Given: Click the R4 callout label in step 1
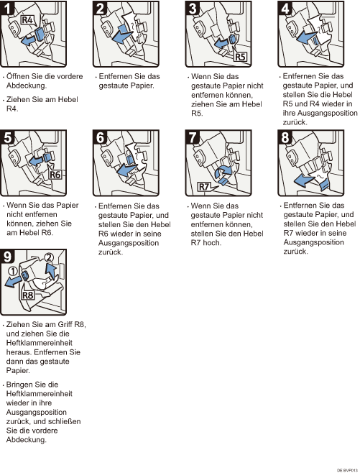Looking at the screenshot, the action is tap(28, 20).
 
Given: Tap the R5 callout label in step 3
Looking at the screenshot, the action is tap(240, 56).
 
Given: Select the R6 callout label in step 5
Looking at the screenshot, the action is tap(55, 175).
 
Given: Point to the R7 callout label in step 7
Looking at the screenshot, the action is tap(204, 186).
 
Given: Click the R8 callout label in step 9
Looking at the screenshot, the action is tap(28, 295).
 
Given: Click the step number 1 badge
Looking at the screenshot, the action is tap(7, 8).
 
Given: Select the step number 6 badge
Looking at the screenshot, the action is tap(100, 137).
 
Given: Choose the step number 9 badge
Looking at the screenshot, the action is tap(7, 257).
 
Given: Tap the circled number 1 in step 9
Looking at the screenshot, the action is tap(13, 271).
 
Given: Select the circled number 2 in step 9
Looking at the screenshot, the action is tap(49, 257).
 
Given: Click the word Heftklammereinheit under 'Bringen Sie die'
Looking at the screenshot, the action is tap(40, 394).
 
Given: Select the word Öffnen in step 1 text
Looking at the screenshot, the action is tap(19, 76).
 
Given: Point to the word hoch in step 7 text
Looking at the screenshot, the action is tap(212, 243).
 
